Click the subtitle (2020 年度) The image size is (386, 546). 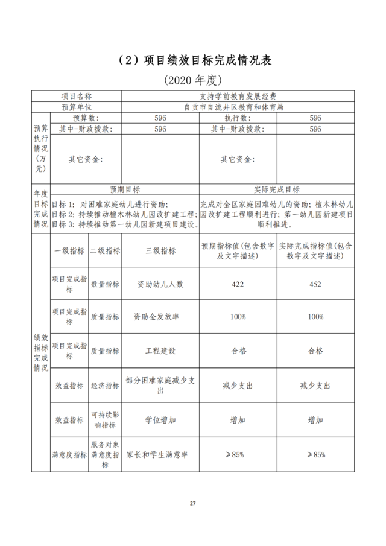click(x=193, y=80)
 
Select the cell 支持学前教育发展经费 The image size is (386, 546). click(x=238, y=96)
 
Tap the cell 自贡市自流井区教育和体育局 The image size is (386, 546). click(x=238, y=107)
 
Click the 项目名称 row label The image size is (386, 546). click(x=77, y=96)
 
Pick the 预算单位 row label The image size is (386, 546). click(x=77, y=107)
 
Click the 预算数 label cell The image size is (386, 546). click(x=86, y=118)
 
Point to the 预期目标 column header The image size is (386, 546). click(x=124, y=189)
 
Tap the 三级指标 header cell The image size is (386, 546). click(x=160, y=251)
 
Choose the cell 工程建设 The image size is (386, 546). click(x=160, y=351)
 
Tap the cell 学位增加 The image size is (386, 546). click(x=160, y=420)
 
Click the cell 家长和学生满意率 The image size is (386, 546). click(x=160, y=454)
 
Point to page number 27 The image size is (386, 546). click(x=193, y=503)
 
